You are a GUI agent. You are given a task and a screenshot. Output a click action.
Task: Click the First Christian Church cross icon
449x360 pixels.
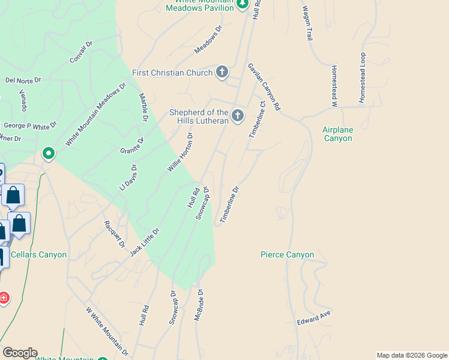222,73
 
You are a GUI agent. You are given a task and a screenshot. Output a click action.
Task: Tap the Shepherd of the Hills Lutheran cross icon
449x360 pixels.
238,116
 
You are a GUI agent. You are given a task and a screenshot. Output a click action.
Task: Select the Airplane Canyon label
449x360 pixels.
337,134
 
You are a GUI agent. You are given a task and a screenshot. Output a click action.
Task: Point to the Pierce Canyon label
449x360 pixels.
287,254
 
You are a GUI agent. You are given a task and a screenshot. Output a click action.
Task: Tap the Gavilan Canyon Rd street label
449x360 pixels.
264,86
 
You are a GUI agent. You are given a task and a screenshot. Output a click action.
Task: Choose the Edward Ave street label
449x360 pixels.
314,319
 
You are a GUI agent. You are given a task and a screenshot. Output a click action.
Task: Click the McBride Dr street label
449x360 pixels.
199,307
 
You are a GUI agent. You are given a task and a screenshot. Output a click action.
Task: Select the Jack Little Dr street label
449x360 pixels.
145,242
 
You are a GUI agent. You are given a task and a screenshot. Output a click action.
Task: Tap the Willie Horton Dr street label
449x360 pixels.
180,152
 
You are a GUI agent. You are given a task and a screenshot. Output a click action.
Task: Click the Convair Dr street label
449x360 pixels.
82,52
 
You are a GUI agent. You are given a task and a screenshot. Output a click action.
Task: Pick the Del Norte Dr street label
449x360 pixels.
23,80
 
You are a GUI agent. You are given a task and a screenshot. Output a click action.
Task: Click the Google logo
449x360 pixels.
20,353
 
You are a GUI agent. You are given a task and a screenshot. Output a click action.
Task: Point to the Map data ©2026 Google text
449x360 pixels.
412,355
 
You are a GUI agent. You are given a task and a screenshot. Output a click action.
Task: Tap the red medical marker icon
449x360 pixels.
4,298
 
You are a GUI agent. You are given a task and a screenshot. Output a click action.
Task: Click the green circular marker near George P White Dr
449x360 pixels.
48,154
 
